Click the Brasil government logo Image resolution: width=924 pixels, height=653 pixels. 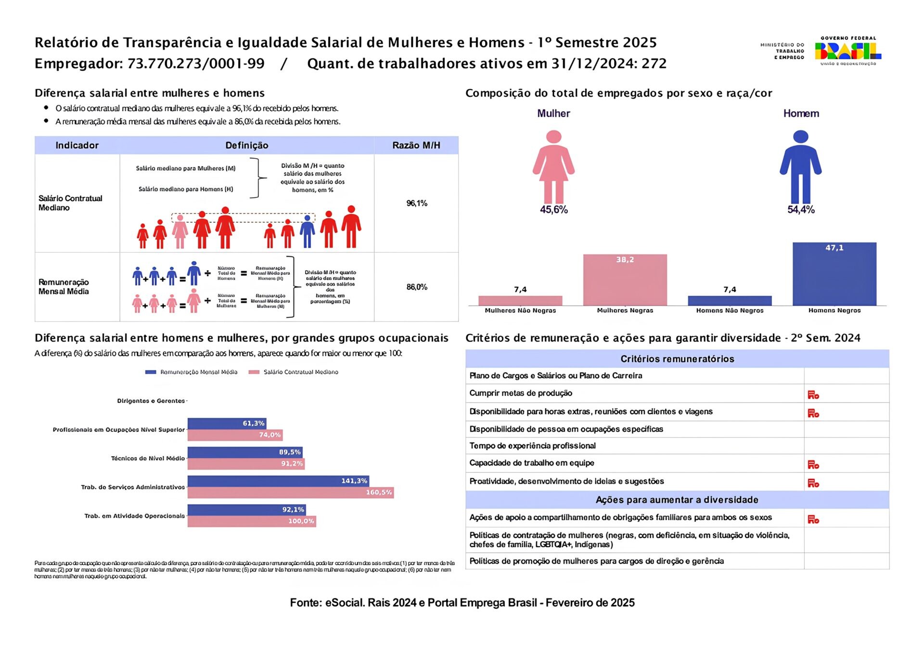coord(847,51)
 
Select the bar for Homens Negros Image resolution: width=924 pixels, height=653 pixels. coord(834,274)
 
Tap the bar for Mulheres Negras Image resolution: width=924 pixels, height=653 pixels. coord(625,280)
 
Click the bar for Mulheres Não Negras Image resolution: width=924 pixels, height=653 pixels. coord(520,300)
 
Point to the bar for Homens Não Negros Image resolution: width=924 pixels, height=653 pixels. coord(729,300)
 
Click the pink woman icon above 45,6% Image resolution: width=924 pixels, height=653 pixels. coord(553,166)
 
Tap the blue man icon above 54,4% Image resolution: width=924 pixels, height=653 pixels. coord(800,166)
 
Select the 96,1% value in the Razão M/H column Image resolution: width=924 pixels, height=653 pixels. coord(417,203)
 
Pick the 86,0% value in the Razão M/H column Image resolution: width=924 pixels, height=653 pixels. coord(417,287)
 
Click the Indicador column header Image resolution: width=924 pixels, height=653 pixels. coord(77,145)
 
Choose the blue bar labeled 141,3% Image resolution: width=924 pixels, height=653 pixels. coord(278,481)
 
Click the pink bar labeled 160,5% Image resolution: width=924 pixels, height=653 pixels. coord(290,492)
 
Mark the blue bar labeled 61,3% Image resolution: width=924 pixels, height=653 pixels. coord(227,423)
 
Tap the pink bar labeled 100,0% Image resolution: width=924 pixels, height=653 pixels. coord(252,521)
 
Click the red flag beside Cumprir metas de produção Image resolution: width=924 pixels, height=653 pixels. coord(813,395)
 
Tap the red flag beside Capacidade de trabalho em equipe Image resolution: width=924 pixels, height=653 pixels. coord(813,464)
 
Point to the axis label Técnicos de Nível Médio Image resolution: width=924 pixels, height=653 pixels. coord(148,458)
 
